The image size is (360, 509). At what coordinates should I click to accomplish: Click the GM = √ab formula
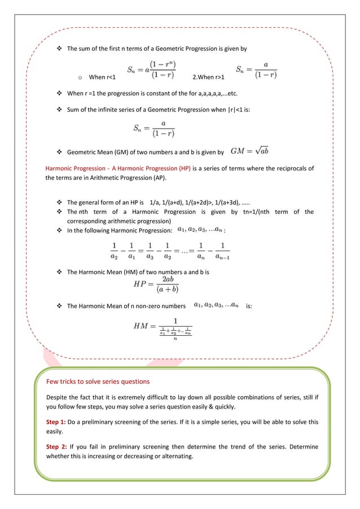pyautogui.click(x=249, y=151)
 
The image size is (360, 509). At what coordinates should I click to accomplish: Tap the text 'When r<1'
pyautogui.click(x=103, y=77)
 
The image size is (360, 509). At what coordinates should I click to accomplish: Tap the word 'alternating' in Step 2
pyautogui.click(x=175, y=456)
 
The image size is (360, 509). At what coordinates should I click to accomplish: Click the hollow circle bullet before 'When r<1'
pyautogui.click(x=80, y=77)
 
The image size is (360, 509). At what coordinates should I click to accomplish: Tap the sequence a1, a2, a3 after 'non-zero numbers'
pyautogui.click(x=216, y=305)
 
